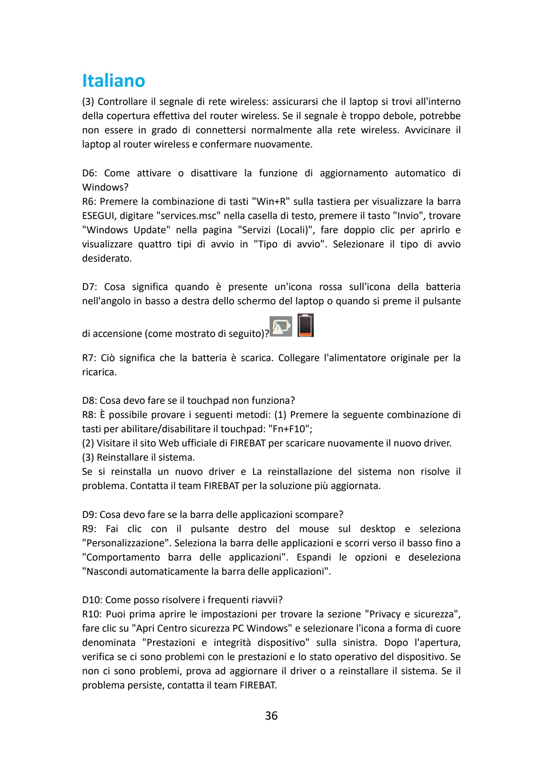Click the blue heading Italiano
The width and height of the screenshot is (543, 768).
[114, 81]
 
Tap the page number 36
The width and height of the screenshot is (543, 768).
[271, 716]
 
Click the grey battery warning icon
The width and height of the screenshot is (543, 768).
[281, 326]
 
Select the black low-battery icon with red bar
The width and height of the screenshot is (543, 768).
[306, 325]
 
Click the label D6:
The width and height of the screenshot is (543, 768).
[90, 173]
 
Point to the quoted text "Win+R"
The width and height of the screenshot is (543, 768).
[271, 202]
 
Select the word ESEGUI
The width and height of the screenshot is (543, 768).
[98, 216]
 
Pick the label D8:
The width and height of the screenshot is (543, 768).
[89, 401]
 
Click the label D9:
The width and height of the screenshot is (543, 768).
[89, 515]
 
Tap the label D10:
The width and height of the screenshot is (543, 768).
[92, 600]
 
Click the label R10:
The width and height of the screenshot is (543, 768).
[92, 614]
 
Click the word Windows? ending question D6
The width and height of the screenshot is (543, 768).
[105, 187]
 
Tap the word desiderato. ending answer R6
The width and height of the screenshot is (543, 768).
[107, 259]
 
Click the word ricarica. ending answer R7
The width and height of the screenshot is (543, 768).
[99, 372]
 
